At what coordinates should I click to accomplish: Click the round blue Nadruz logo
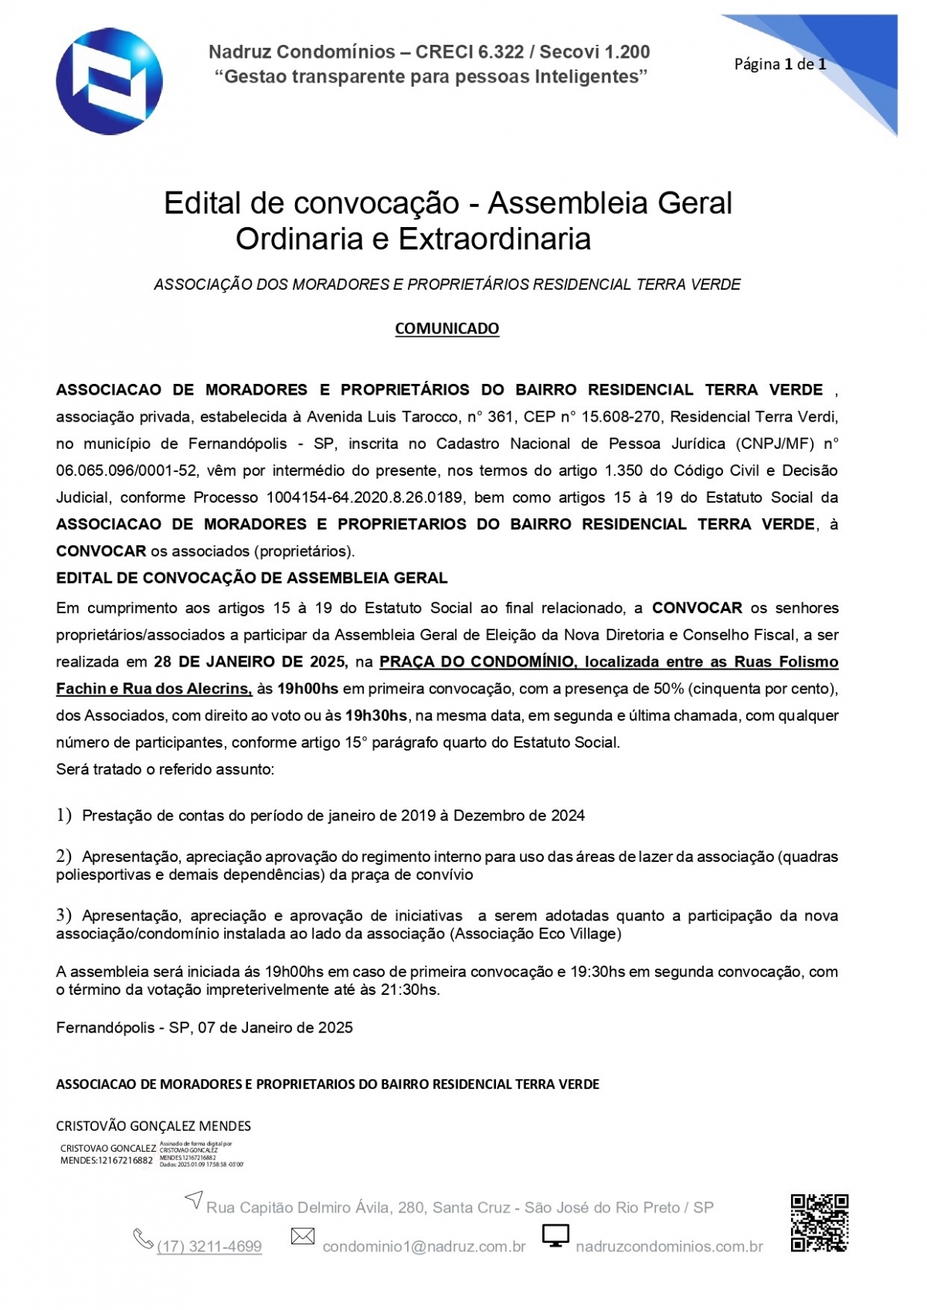click(x=109, y=81)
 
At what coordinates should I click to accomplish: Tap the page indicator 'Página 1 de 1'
click(x=779, y=64)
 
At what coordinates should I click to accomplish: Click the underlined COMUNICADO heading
click(x=447, y=328)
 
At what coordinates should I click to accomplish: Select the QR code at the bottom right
click(x=819, y=1223)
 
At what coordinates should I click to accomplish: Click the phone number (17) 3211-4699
click(x=209, y=1246)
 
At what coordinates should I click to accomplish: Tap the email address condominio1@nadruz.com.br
click(x=424, y=1246)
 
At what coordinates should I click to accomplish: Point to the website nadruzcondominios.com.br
click(x=669, y=1246)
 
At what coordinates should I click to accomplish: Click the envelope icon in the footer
click(x=302, y=1237)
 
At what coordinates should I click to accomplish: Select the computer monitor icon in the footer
click(x=555, y=1236)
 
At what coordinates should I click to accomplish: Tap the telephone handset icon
click(x=144, y=1239)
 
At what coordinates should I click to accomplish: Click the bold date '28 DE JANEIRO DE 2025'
click(x=250, y=662)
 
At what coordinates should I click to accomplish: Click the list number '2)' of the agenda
click(x=64, y=856)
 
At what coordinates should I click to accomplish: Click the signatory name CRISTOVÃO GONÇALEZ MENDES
click(x=153, y=1125)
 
